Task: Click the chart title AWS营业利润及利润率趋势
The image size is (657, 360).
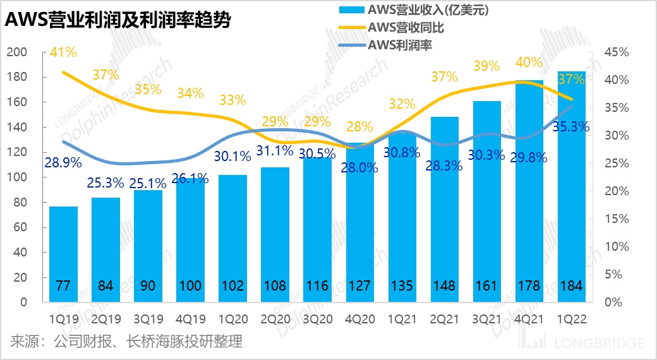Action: click(118, 21)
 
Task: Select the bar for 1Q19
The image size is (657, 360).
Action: click(63, 253)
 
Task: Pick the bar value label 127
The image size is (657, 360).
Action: click(359, 286)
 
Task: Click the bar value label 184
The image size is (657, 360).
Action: click(571, 286)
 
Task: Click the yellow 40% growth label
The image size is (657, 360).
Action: click(529, 63)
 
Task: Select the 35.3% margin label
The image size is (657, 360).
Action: click(571, 127)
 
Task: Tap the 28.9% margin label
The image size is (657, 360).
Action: click(63, 162)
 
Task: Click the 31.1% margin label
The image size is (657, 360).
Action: click(275, 151)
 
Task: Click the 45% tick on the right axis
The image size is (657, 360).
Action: click(617, 52)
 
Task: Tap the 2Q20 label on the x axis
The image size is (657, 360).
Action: click(275, 320)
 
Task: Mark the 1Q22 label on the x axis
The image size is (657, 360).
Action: click(571, 320)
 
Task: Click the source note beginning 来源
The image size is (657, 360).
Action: click(126, 342)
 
